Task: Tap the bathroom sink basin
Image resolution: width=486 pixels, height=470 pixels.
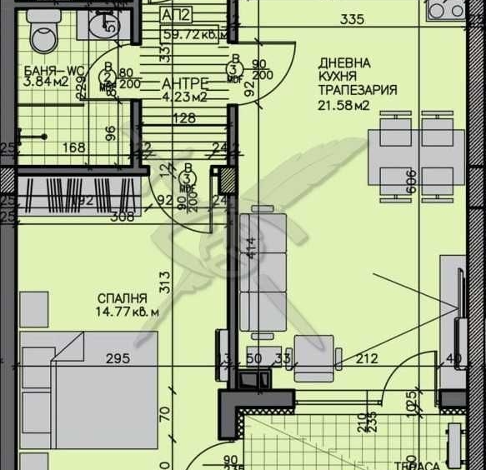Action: click(104, 24)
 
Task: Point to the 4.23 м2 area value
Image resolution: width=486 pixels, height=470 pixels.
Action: click(183, 96)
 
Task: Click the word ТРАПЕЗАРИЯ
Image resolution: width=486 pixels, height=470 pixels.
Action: click(358, 90)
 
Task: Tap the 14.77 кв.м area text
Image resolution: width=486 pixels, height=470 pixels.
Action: click(126, 312)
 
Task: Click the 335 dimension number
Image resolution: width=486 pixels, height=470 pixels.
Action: click(353, 21)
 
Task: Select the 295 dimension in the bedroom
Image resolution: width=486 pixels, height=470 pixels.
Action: click(118, 359)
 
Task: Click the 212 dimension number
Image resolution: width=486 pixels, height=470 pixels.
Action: click(367, 359)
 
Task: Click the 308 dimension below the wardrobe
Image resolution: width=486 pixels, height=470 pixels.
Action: click(123, 217)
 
